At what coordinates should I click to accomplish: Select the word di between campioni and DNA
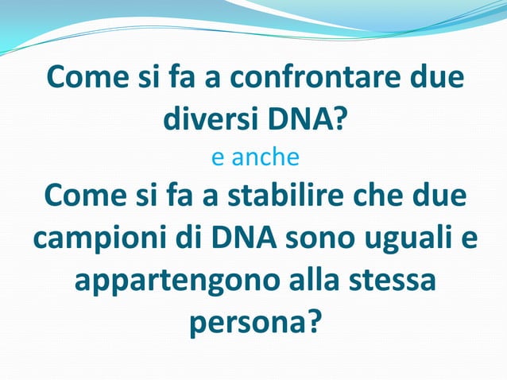point(180,240)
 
